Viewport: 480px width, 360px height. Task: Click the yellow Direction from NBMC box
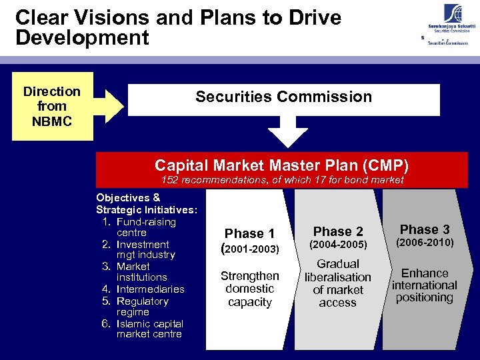coord(51,107)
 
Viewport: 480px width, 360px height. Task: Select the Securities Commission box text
coord(283,97)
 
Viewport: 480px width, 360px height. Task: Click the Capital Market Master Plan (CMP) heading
coord(281,165)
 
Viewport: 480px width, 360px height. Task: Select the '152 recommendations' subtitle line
coord(283,180)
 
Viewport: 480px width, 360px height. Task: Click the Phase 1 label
coord(249,233)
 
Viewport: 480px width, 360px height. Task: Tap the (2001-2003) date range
coord(249,249)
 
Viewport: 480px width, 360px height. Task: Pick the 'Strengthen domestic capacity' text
coord(249,289)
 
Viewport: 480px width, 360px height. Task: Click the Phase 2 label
coord(338,231)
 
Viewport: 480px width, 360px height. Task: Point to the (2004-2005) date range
coord(338,245)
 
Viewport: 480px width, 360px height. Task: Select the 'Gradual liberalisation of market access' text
coord(338,283)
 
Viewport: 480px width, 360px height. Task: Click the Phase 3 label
coord(425,229)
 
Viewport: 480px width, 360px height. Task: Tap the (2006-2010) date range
coord(425,243)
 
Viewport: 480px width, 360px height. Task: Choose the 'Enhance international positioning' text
coord(424,285)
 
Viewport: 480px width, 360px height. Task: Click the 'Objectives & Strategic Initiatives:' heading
coord(146,203)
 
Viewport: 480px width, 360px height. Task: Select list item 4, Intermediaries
coord(150,289)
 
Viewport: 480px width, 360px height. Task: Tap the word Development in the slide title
coord(82,38)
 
